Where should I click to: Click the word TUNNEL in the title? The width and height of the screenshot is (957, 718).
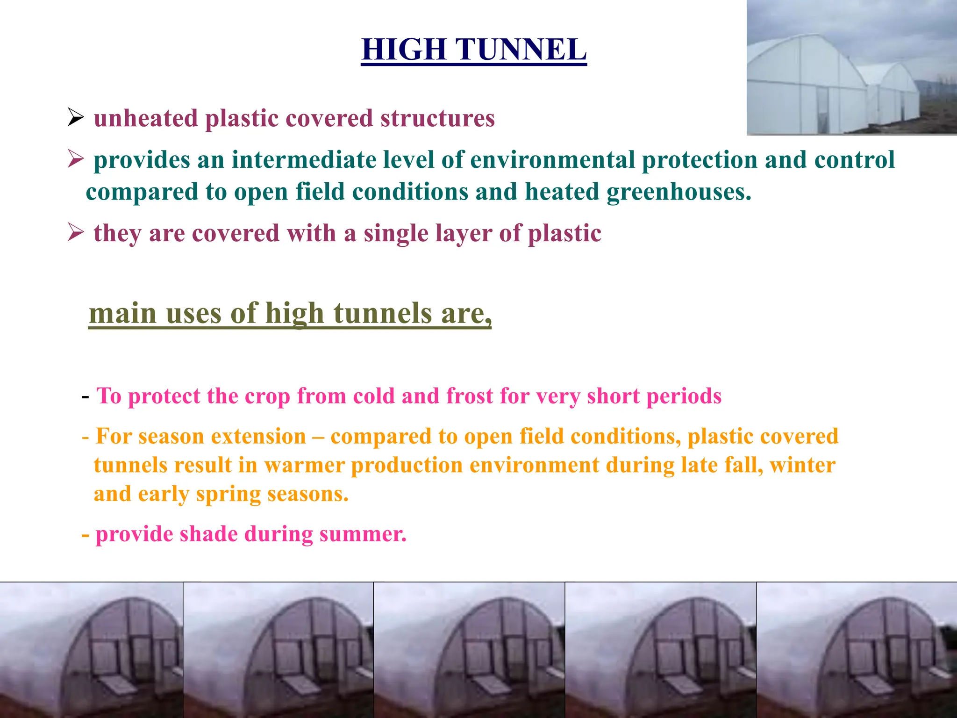click(521, 49)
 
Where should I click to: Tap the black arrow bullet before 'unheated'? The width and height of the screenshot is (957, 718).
click(75, 117)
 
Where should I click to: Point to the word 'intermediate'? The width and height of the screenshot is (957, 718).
click(304, 160)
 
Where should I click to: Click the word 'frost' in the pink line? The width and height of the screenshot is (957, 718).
click(470, 396)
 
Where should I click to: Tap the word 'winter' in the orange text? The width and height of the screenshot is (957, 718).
click(802, 466)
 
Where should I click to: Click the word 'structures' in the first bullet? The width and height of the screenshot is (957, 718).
click(437, 118)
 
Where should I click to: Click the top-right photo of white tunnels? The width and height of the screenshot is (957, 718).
click(851, 68)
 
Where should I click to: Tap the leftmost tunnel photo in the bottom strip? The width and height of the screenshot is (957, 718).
click(92, 650)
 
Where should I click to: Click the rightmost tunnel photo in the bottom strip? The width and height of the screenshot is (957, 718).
click(856, 650)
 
